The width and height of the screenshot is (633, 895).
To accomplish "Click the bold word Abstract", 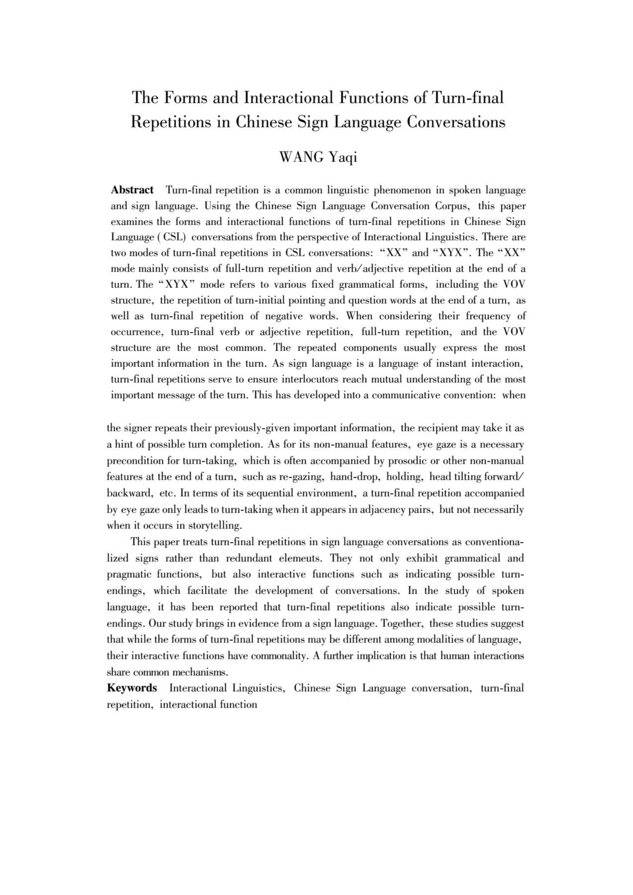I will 132,190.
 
